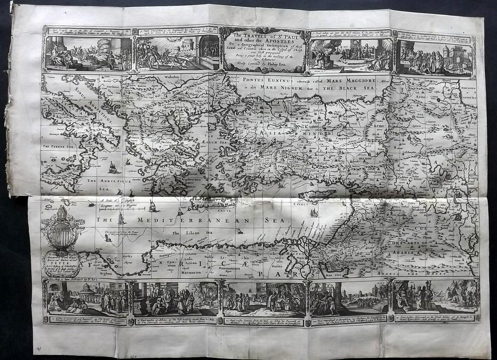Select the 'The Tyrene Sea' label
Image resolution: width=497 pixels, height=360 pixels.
pyautogui.click(x=58, y=147)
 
